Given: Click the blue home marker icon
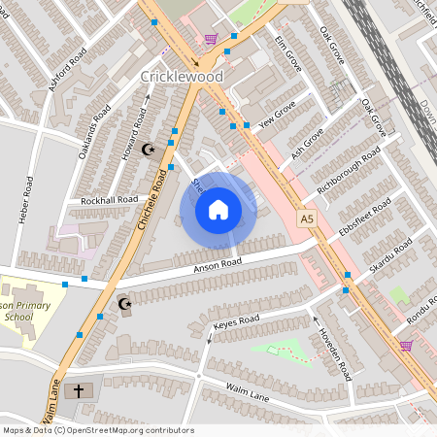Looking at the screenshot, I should [x=218, y=210].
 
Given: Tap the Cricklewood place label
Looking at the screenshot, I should [x=182, y=76].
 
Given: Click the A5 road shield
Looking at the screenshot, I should [x=308, y=220].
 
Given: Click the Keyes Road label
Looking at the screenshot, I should [x=237, y=319].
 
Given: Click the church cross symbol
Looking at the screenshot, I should [x=79, y=391].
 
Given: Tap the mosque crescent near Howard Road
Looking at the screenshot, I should [x=149, y=150].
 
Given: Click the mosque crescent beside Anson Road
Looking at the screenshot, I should [x=124, y=305].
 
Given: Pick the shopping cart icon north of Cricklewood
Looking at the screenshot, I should [x=211, y=39].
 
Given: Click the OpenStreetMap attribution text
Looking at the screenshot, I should [x=97, y=430].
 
